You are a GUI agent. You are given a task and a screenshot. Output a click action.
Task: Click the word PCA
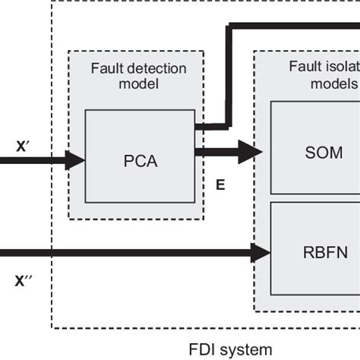coord(140,162)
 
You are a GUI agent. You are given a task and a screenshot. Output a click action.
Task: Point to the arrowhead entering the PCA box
coord(76,159)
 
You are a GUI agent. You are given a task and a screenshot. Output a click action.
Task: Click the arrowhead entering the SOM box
coord(253,152)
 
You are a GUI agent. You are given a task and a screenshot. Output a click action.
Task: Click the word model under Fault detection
coord(137,84)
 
